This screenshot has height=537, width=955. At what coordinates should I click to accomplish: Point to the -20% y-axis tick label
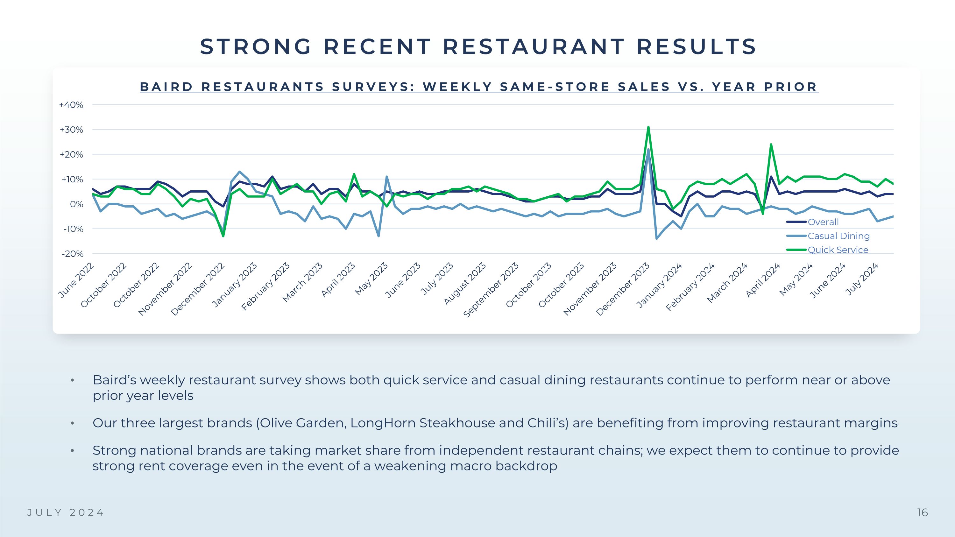click(73, 254)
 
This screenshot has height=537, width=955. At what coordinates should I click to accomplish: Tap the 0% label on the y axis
click(76, 204)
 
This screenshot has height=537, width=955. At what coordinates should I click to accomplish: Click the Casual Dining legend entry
click(838, 236)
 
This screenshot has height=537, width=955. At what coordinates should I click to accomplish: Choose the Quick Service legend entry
click(838, 250)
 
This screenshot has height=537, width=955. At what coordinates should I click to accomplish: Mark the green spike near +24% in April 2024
click(771, 145)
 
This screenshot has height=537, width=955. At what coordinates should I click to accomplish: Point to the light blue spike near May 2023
click(387, 177)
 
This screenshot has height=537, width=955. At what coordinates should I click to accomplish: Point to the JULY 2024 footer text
click(66, 512)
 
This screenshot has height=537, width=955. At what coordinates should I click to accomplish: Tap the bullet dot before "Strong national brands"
click(72, 451)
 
